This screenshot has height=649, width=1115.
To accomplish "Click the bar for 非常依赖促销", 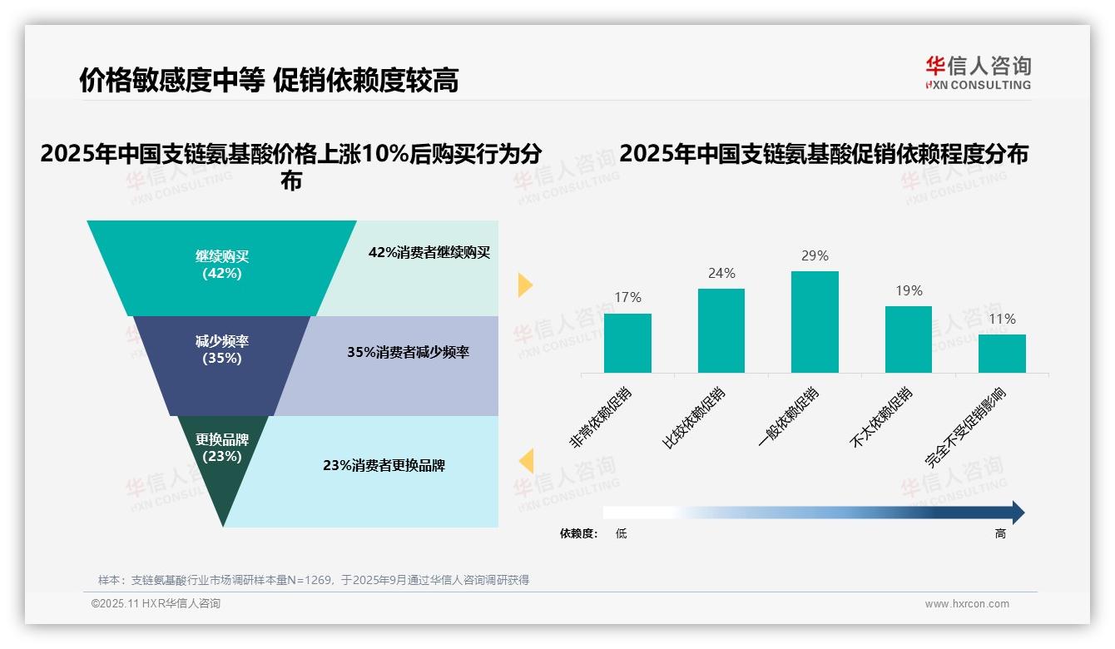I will [627, 343].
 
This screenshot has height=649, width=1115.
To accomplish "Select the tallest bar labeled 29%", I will [815, 321].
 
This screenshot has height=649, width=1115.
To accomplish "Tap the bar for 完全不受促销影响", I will [1002, 353].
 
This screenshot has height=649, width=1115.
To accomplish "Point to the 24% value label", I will [721, 273].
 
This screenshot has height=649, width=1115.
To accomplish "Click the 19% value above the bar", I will [909, 290].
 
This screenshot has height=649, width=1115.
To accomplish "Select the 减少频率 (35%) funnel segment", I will [221, 350].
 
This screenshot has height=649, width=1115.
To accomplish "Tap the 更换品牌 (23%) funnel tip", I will [222, 453].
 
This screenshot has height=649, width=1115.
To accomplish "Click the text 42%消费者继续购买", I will [429, 252].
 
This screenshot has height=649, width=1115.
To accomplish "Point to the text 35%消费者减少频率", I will [408, 352].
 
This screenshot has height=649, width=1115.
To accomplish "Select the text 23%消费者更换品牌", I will [384, 465].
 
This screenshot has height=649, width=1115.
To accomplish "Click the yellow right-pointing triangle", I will [524, 285].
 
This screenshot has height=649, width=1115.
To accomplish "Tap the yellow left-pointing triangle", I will [526, 461].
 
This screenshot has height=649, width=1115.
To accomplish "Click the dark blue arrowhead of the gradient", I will [1017, 513].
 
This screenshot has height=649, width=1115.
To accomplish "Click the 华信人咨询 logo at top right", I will [978, 72].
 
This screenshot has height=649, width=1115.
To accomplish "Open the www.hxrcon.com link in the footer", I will [966, 604].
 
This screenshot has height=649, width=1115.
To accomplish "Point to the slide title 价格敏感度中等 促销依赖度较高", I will [269, 80].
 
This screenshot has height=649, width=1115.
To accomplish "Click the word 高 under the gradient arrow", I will [1000, 533].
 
